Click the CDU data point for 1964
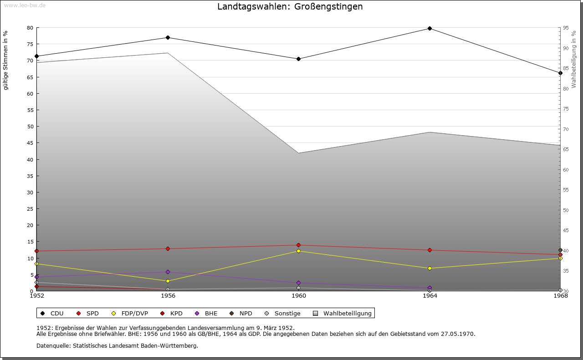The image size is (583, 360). [430, 28]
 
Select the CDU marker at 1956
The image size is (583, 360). [168, 37]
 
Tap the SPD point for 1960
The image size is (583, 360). [298, 245]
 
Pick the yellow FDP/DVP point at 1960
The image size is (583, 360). [298, 251]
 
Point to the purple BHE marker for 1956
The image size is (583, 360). [168, 272]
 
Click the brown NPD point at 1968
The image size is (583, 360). [560, 250]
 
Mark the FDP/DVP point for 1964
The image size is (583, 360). [430, 268]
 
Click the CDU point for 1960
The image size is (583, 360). [298, 59]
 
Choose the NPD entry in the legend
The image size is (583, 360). [241, 313]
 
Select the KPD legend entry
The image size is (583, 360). [171, 313]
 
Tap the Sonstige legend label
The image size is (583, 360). [287, 313]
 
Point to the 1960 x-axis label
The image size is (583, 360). [299, 296]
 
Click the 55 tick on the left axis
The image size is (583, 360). [30, 110]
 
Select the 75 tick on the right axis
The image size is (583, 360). [566, 109]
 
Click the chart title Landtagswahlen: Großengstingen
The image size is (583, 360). [290, 6]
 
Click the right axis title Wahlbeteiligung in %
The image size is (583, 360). [574, 60]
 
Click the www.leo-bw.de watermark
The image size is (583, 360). [25, 5]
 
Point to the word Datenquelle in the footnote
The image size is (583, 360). [53, 346]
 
